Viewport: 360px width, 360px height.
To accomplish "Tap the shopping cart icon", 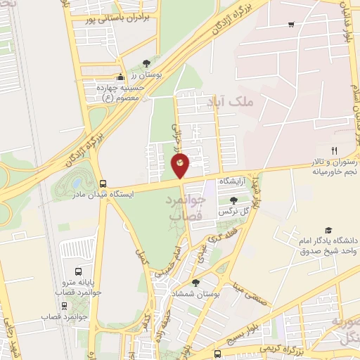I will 291,25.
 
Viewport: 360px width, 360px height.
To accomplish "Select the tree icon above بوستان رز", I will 146,63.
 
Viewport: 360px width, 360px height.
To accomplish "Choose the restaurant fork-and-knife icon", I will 335,150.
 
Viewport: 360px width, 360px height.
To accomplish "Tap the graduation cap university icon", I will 328,230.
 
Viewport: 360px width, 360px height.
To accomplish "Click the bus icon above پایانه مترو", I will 77,270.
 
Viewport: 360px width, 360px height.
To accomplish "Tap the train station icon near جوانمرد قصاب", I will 65,306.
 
